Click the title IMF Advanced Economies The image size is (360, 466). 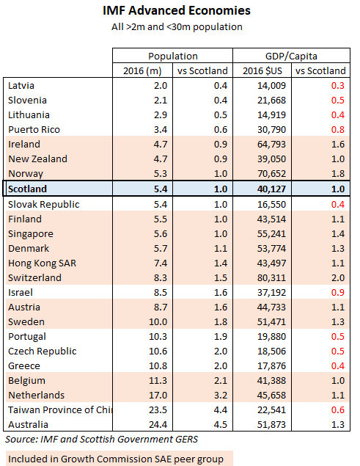[177, 11]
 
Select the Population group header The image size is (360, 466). [173, 57]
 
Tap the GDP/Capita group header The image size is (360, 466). [291, 57]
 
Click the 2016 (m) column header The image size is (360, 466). [142, 71]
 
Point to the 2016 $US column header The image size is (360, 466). [262, 71]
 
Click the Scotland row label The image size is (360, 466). [27, 189]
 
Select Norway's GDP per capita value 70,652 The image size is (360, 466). [271, 174]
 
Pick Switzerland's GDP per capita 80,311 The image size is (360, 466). [271, 278]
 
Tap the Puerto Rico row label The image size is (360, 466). [34, 130]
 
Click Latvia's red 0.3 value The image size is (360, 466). [338, 86]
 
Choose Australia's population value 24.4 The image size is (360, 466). [158, 425]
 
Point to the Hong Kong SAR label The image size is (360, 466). [43, 263]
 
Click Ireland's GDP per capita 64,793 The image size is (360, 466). [271, 145]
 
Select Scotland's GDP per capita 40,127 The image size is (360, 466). [271, 189]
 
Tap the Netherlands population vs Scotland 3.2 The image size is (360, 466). [221, 396]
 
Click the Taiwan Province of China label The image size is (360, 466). [60, 410]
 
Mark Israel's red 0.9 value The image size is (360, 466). [338, 293]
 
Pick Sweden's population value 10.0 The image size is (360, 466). [158, 322]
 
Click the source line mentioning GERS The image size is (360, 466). [102, 440]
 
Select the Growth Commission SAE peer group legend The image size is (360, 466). [116, 459]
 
